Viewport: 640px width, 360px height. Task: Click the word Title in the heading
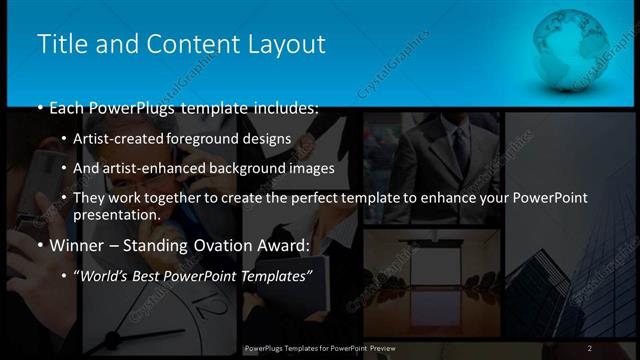[60, 44]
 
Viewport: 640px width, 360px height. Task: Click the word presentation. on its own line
[117, 215]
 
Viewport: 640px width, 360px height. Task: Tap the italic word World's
[104, 276]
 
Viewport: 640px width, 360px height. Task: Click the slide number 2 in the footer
[590, 348]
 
